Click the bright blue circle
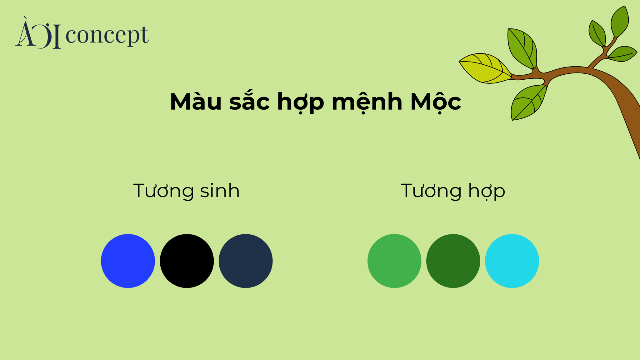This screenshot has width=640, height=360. tap(128, 261)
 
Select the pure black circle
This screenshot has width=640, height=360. tap(187, 261)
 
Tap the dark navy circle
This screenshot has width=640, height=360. tap(246, 261)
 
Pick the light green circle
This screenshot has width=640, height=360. tap(394, 261)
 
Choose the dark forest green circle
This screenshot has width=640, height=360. tap(453, 261)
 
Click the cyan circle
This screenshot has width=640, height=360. tap(512, 261)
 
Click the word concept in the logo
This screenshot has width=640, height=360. tap(107, 35)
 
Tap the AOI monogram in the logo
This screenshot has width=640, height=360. tap(38, 33)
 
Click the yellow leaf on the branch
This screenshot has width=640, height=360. tap(485, 68)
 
